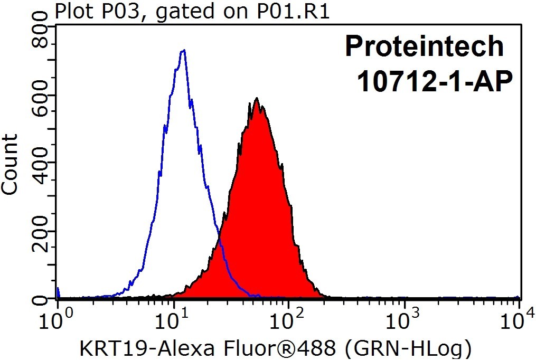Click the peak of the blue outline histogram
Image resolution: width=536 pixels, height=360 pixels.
(x=184, y=51)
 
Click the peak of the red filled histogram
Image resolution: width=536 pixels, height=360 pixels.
(x=257, y=98)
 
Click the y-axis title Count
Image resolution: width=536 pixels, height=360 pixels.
(x=9, y=165)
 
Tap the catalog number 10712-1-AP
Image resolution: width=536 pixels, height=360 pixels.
(x=435, y=81)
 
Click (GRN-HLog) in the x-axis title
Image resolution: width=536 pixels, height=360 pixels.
(x=408, y=348)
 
